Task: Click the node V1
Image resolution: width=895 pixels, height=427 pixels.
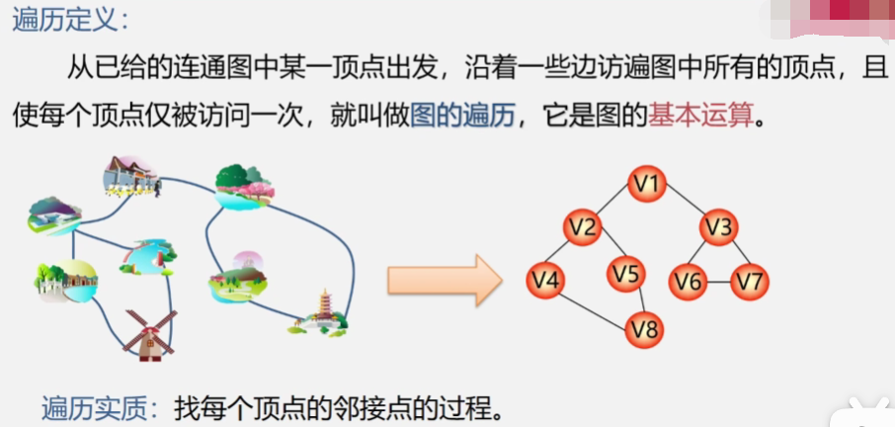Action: (x=649, y=184)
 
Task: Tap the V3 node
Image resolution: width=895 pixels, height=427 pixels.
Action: (x=719, y=228)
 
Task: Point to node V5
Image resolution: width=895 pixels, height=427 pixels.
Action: (x=626, y=274)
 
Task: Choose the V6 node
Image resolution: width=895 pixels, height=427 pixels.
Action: (x=689, y=282)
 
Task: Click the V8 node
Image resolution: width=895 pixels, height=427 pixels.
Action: (x=646, y=328)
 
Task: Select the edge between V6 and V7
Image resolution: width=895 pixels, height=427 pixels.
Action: (x=719, y=282)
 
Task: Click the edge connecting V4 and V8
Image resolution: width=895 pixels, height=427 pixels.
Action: (x=596, y=304)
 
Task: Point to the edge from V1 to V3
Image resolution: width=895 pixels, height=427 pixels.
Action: (x=685, y=207)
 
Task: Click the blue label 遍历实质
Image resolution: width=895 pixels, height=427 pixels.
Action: (x=94, y=406)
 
